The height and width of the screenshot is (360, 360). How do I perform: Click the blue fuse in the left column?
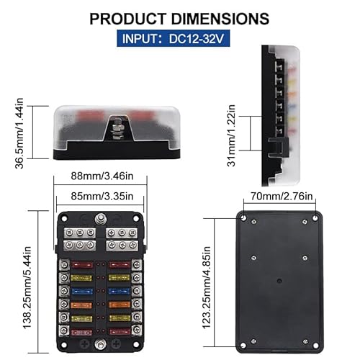pos(81,292)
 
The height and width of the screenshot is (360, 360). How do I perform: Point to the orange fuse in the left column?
pos(81,305)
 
